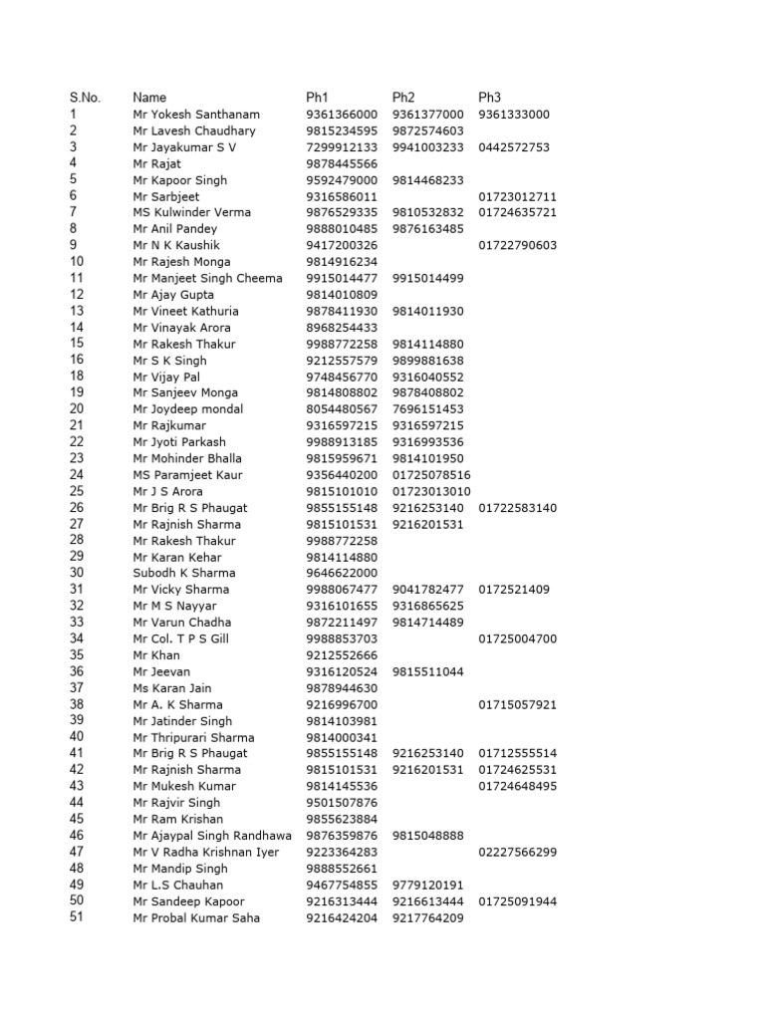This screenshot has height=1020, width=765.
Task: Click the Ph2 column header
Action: point(403,98)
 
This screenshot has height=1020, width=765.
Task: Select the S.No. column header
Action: point(85,98)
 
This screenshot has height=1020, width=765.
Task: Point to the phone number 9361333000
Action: point(514,115)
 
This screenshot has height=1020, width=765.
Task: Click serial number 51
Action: point(77,917)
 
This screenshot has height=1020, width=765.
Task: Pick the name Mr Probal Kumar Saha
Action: point(196,917)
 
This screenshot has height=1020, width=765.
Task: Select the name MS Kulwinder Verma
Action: point(191,212)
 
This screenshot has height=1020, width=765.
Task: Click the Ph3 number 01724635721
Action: point(518,212)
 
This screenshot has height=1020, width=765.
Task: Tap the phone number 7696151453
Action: point(428,409)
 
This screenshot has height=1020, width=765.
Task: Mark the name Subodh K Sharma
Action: point(184,573)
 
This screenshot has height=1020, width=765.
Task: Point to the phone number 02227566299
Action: point(518,852)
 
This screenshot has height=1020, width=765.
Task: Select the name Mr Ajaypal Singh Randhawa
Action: point(212,836)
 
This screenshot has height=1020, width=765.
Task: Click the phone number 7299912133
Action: point(342,147)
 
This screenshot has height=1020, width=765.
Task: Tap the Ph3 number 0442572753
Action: point(514,147)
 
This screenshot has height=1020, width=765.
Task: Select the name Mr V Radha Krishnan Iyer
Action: point(206,852)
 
